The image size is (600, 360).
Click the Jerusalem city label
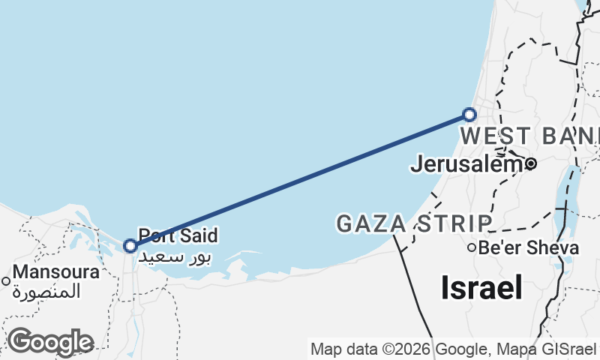tap(465, 163)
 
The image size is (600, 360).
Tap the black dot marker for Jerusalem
tap(530, 163)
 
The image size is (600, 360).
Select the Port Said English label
tap(178, 235)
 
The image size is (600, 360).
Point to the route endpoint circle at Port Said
tap(130, 245)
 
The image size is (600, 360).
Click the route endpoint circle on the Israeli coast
tap(469, 115)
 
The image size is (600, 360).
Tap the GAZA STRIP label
tap(414, 223)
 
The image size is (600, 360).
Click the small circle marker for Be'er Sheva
tap(472, 247)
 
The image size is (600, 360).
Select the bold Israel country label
tap(481, 286)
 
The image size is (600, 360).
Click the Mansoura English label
tap(55, 272)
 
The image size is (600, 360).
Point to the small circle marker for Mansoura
tap(6, 282)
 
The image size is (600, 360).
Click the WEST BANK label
tap(529, 136)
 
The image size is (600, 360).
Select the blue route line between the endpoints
tap(300, 180)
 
